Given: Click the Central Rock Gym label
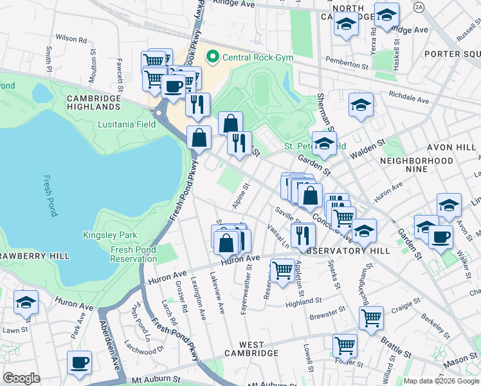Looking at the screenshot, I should [x=257, y=58].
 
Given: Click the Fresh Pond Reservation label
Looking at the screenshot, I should [x=134, y=254].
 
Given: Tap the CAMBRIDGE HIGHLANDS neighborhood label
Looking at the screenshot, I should [x=94, y=103].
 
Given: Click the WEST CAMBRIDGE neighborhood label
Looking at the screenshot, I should [x=251, y=353].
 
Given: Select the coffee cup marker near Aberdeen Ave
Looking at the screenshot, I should [x=79, y=363].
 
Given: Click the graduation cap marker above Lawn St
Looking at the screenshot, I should [x=26, y=302].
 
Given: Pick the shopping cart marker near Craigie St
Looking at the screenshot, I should [x=371, y=318].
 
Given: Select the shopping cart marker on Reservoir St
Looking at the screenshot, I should [x=282, y=271].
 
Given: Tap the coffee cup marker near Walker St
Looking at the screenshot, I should [x=440, y=236].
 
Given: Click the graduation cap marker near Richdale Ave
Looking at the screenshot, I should [x=361, y=105].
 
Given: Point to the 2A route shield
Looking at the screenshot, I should [x=419, y=6].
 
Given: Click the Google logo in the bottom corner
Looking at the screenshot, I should [x=21, y=378].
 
